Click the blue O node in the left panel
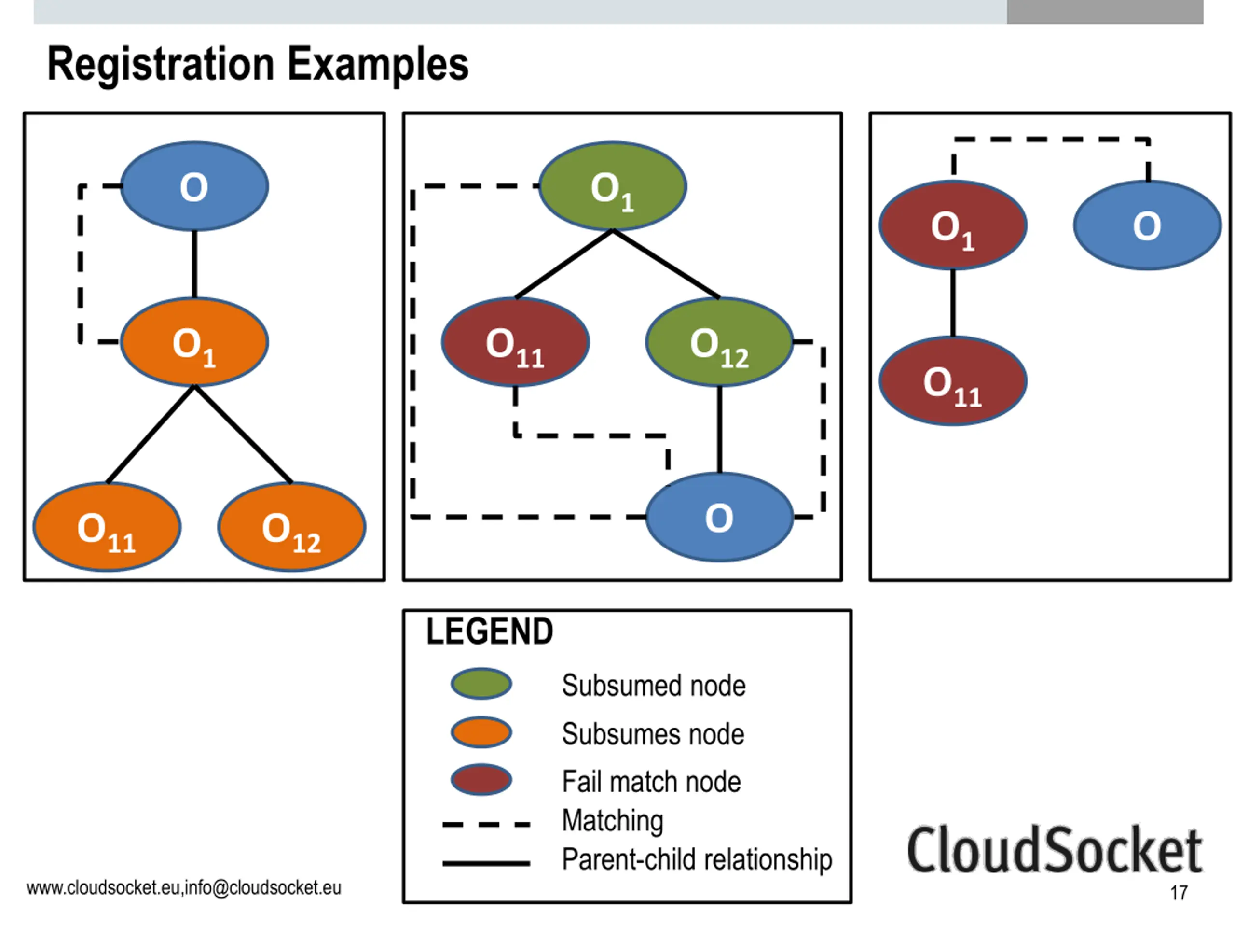pos(194,186)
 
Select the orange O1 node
pos(194,342)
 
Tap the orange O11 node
pos(107,527)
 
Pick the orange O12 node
pos(291,527)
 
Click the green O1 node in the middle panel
pos(613,186)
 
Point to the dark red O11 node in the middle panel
pos(515,342)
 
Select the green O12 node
pos(719,342)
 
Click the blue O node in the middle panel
pos(719,518)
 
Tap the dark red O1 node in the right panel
pos(952,225)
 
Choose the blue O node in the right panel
pos(1147,225)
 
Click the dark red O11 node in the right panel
pos(952,381)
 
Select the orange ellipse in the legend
pos(481,732)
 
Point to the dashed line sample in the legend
pos(486,824)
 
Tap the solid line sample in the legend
pos(486,863)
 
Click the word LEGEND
pos(490,632)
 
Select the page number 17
pos(1179,892)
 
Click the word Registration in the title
pos(161,65)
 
